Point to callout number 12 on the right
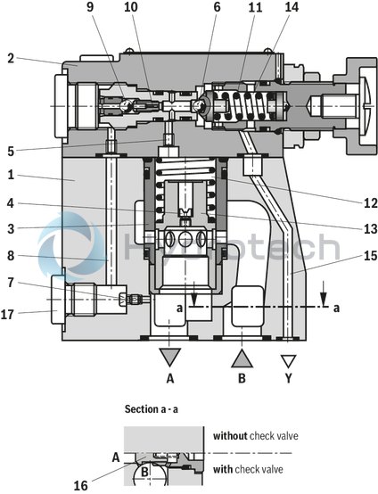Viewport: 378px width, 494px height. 368,202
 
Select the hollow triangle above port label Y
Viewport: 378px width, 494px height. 287,360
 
